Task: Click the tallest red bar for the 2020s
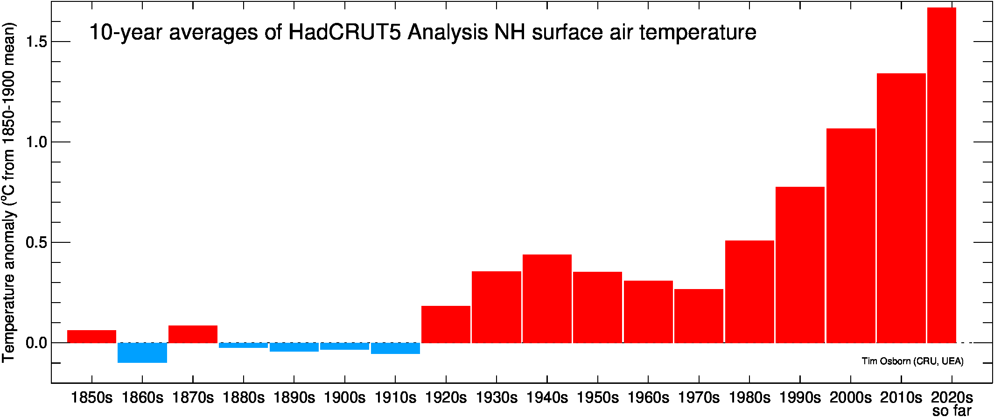941,175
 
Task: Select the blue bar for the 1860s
142,353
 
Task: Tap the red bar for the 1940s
547,299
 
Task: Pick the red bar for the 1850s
91,337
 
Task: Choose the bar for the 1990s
800,265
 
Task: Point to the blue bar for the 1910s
395,348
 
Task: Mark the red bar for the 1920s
446,325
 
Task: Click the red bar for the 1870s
193,334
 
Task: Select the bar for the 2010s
901,208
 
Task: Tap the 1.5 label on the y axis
36,42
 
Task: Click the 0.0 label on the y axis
36,343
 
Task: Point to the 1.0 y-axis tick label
36,142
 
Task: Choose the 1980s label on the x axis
749,397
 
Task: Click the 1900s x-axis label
344,397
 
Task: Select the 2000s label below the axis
850,397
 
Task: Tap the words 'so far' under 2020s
952,410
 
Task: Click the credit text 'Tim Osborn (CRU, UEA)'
912,361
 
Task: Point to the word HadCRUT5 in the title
344,32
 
